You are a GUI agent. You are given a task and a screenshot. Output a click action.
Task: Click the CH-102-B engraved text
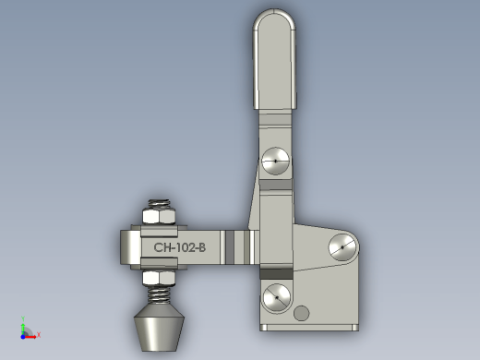tap(180, 247)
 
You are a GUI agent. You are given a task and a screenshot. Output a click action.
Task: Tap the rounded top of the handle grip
tap(274, 18)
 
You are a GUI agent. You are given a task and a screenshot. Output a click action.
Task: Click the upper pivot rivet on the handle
tap(275, 161)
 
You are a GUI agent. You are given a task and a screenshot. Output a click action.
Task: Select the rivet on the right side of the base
tap(342, 247)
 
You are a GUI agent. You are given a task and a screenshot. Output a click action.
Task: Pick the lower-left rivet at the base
tap(277, 297)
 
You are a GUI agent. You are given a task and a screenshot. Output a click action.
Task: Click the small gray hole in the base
tap(302, 313)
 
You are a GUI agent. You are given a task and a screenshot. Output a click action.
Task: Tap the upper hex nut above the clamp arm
tap(159, 216)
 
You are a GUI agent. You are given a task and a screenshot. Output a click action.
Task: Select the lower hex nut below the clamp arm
tap(159, 278)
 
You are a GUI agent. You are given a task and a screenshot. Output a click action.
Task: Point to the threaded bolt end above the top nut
tap(159, 204)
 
